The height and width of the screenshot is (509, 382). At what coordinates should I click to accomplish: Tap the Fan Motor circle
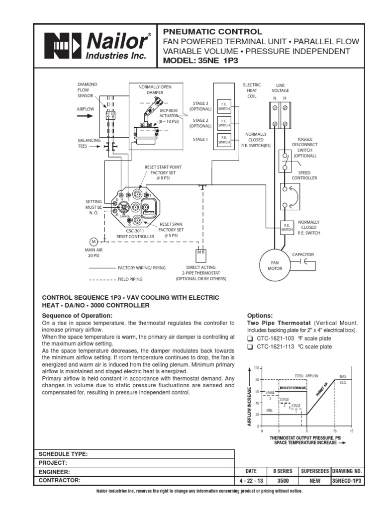click(x=275, y=265)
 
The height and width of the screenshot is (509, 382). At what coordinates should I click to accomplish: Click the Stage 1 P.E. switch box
click(x=224, y=140)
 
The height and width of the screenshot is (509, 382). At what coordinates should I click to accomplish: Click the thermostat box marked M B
click(x=201, y=253)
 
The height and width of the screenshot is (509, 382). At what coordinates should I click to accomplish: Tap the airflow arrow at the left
click(x=85, y=116)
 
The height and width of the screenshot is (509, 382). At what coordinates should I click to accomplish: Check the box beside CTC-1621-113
click(x=250, y=347)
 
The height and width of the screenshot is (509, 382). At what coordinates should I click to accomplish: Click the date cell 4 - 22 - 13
click(x=251, y=481)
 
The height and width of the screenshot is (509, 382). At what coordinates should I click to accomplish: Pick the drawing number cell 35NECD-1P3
click(x=347, y=481)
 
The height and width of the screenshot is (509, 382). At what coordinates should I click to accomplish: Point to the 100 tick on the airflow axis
click(x=257, y=368)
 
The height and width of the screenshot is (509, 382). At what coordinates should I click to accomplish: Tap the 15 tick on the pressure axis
click(x=351, y=430)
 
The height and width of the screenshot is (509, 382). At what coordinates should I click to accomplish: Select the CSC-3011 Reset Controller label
click(x=129, y=234)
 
